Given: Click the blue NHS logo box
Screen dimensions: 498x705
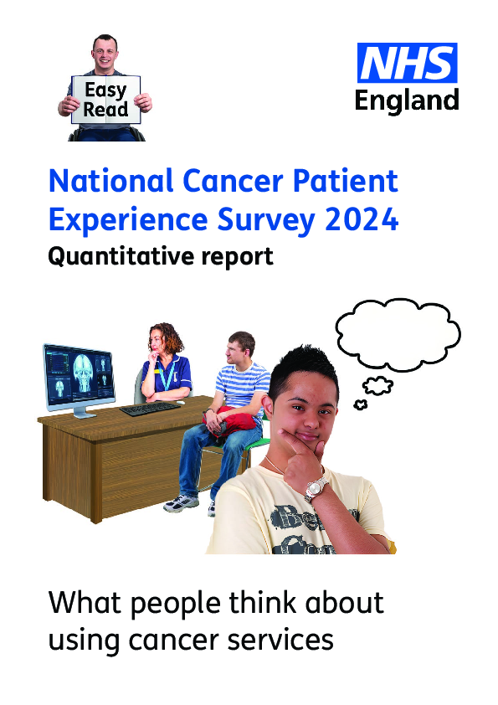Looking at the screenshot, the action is (x=408, y=63).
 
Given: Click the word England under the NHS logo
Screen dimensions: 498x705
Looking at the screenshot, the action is (x=407, y=100).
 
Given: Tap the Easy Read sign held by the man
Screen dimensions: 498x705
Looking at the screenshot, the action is (x=106, y=100).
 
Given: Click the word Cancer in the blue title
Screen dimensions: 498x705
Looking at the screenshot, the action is (x=233, y=181).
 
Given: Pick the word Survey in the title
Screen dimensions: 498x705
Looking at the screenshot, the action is (x=266, y=220).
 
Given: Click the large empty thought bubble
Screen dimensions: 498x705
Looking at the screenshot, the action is (x=398, y=334).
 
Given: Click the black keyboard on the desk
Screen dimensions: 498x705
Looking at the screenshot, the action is (x=150, y=409).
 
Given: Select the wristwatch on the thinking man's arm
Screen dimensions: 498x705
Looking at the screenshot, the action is (x=316, y=489).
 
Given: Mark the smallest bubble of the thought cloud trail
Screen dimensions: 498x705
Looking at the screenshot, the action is (x=360, y=404).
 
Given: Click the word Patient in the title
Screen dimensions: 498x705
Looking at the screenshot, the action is (x=345, y=181).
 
